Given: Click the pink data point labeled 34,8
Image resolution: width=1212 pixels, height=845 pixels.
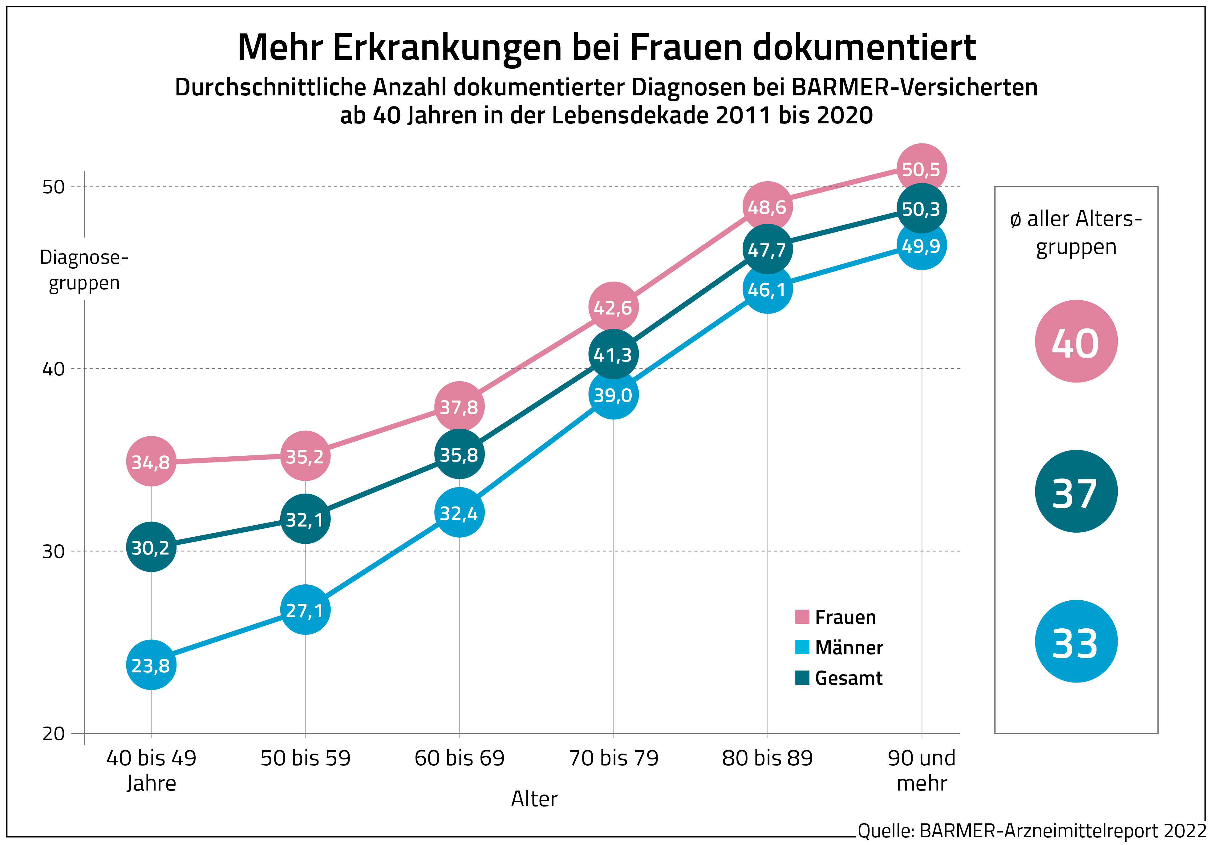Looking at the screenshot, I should tap(151, 462).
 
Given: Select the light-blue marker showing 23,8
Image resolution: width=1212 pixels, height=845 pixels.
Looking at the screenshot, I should tap(151, 665).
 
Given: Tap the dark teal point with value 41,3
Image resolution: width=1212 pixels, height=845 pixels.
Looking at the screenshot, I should tap(613, 354).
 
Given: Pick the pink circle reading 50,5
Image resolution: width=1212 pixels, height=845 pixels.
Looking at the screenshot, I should tap(921, 169).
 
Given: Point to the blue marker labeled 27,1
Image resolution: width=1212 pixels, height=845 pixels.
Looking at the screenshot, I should tap(305, 610).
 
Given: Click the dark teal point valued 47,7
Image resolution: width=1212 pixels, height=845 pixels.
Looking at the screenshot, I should tap(767, 250).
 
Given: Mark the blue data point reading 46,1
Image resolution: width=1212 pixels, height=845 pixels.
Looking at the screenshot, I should tap(767, 289).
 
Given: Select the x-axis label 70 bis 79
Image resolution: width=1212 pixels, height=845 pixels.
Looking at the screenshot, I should tap(613, 758).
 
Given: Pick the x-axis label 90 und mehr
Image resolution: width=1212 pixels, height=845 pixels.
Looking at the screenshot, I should tap(922, 770).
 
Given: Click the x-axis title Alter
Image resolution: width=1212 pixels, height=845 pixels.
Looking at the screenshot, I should tap(534, 799).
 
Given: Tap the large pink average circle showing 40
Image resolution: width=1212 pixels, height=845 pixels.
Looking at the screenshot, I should tap(1076, 341).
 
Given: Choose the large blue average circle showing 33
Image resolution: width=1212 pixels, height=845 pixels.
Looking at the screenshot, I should tap(1076, 641).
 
